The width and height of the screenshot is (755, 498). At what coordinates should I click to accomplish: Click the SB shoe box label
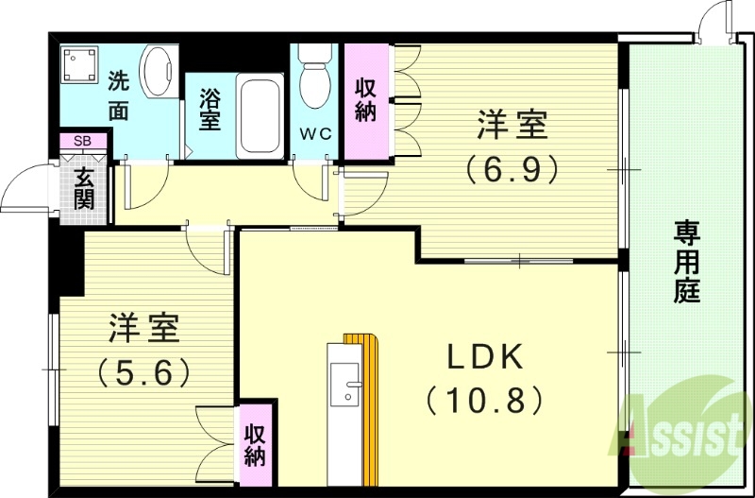pos(83,141)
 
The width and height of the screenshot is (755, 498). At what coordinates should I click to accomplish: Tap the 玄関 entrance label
pos(84,187)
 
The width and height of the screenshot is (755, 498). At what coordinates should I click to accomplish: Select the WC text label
pos(316,133)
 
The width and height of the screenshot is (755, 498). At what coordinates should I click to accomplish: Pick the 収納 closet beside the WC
pos(365,100)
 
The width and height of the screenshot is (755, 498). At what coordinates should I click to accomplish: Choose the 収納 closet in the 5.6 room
pos(255,445)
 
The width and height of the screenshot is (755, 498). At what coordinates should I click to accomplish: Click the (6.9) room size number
pos(512,168)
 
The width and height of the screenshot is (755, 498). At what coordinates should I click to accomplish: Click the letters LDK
pos(484,355)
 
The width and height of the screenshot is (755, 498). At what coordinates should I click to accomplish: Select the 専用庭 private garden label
pos(686,260)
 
